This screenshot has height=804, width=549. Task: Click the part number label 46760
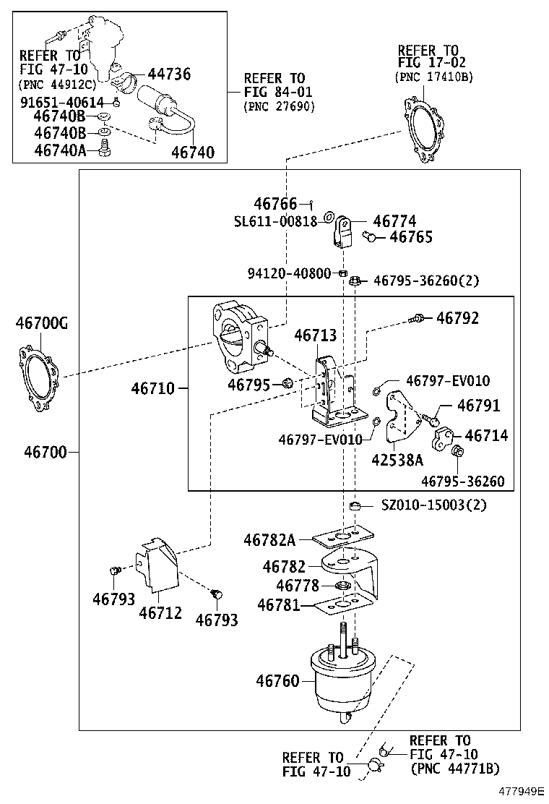coord(277,681)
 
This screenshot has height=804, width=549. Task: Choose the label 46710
coord(152,388)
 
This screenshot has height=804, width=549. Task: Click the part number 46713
coord(315,336)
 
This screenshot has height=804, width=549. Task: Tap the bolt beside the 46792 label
coord(417,317)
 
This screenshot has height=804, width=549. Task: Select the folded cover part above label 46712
coord(159,565)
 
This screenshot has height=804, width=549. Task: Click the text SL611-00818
coord(274,221)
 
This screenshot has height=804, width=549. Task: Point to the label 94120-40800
coord(290,273)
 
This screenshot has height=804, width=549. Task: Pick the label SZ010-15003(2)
coord(433,505)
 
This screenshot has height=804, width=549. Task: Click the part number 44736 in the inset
coord(169,74)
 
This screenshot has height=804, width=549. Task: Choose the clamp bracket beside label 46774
coord(343,231)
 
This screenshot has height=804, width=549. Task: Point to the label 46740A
coord(60,150)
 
